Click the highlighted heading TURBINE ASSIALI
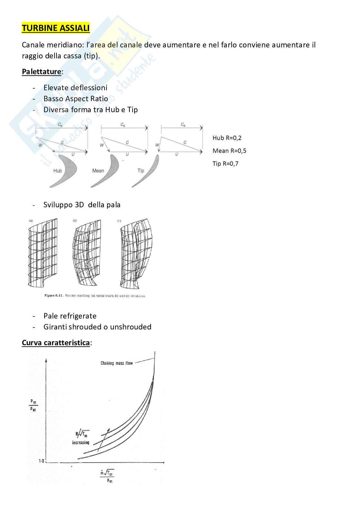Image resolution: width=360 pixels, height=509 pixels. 55,28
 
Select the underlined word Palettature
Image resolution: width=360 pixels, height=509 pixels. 41,72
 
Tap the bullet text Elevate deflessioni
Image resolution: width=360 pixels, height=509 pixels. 75,88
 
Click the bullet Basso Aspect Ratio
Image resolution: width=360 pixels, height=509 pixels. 75,99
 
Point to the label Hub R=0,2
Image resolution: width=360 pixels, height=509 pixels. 227,138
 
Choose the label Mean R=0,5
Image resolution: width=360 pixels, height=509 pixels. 229,151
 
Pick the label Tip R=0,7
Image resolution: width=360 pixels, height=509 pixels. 225,164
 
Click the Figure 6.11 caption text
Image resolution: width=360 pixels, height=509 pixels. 95,296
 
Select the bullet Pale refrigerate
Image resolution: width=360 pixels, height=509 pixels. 70,316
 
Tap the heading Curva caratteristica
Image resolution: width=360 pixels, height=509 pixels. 55,343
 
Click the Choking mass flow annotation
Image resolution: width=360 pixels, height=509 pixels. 116,363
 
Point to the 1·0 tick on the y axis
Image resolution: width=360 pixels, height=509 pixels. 42,461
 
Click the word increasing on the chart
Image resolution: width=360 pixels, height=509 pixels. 80,443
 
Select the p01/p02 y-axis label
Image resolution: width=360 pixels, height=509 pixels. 33,406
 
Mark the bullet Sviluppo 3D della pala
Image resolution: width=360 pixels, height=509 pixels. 82,205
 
